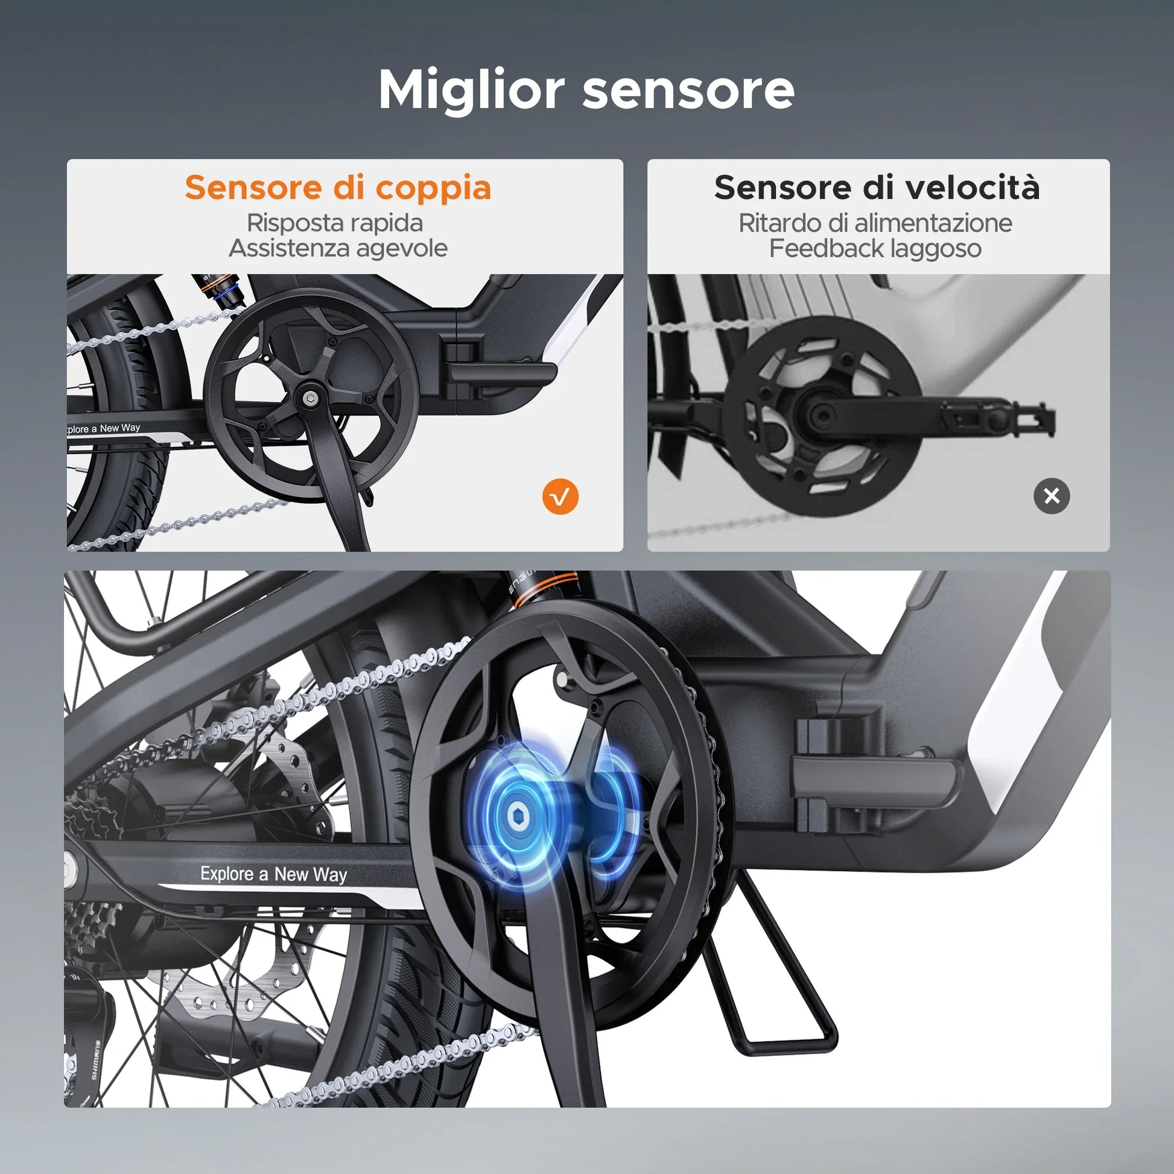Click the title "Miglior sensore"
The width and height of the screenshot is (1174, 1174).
(x=586, y=89)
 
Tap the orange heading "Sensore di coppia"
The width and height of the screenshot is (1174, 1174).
(x=338, y=188)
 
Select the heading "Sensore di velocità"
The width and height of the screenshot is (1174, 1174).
(x=877, y=187)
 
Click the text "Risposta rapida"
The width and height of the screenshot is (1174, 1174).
(x=335, y=223)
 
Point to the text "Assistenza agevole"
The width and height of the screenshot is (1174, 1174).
(x=338, y=248)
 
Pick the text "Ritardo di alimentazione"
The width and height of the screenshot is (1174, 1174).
(x=875, y=223)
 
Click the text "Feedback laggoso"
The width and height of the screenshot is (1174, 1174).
(x=875, y=249)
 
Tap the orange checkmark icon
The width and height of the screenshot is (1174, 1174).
(x=560, y=497)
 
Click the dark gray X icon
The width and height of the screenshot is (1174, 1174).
(x=1052, y=496)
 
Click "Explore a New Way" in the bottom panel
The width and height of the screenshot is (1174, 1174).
(x=273, y=874)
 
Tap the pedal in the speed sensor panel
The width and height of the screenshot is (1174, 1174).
(x=997, y=417)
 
